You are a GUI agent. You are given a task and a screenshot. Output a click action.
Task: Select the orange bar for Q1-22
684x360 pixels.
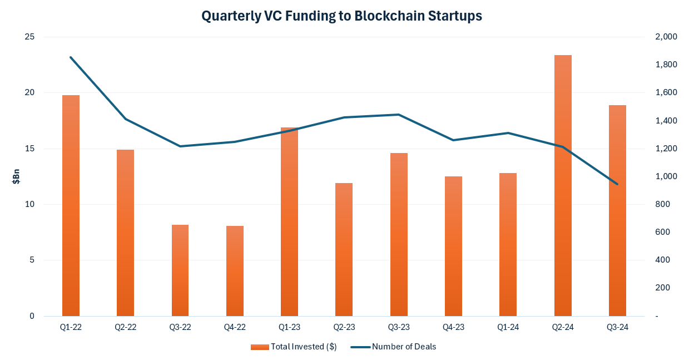click(71, 205)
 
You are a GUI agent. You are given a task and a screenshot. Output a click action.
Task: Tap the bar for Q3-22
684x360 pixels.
click(180, 270)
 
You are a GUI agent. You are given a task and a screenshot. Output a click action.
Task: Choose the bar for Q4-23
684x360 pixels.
click(453, 246)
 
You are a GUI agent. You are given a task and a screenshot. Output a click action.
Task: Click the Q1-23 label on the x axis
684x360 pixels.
click(289, 327)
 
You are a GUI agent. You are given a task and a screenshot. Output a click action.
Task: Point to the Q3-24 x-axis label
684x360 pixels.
click(617, 327)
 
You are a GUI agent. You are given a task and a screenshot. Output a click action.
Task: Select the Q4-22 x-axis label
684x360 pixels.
click(235, 327)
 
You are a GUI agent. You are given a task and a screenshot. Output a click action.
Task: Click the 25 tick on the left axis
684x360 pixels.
click(29, 37)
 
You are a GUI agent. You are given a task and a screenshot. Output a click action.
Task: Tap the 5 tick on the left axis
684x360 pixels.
click(32, 260)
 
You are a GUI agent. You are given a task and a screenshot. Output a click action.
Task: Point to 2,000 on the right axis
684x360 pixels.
click(666, 37)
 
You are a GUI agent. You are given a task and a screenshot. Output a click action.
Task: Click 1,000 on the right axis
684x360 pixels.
click(666, 176)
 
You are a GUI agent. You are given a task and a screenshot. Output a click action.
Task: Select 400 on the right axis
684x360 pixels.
click(662, 260)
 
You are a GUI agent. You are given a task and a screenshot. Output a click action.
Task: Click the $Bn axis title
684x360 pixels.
click(16, 176)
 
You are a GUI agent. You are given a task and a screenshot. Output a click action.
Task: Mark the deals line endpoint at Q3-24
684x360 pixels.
click(617, 184)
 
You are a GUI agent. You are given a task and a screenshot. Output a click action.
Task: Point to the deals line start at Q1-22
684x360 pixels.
click(71, 57)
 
